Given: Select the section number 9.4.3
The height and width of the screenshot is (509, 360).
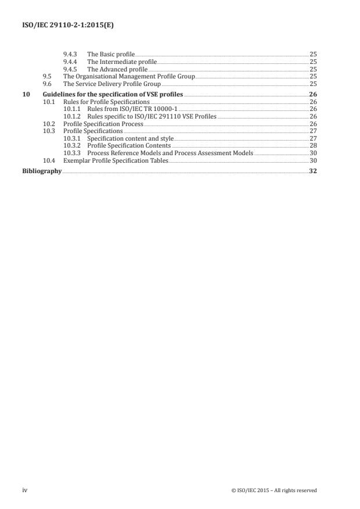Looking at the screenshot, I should coord(70,54).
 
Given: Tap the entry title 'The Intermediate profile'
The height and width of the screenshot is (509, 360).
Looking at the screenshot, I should coord(121,62).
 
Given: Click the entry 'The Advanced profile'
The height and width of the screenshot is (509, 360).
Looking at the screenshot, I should coord(117,69).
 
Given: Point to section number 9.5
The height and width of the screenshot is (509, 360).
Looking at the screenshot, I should coord(48,76).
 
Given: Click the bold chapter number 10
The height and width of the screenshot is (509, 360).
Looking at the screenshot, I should coord(26,94).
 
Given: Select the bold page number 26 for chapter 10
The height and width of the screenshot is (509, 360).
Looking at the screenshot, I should coord(312,94).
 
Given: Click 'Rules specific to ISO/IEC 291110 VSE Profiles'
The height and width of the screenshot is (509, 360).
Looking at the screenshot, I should coord(152,116).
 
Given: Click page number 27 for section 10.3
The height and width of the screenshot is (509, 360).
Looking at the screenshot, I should coord(313,131).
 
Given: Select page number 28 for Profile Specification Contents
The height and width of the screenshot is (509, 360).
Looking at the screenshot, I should coord(313,146).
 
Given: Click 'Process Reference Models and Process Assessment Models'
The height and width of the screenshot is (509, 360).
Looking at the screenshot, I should coord(170,153).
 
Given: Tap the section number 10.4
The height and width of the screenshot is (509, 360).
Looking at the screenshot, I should coord(49,160).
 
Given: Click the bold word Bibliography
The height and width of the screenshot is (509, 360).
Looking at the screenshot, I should coord(42,171).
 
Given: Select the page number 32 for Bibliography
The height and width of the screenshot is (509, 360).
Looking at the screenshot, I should coord(312,171).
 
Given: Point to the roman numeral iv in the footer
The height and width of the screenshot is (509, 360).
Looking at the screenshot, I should coord(25,490).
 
